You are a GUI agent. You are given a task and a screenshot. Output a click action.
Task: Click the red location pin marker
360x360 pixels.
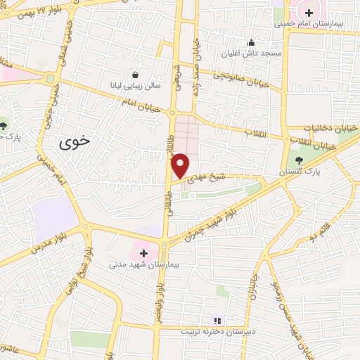(x=181, y=165)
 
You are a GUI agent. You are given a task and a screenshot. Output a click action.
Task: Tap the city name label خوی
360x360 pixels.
(x=76, y=141)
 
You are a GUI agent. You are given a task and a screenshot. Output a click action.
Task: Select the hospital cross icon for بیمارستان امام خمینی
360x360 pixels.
(x=309, y=11)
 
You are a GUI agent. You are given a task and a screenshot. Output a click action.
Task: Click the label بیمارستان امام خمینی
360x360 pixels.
(x=309, y=23)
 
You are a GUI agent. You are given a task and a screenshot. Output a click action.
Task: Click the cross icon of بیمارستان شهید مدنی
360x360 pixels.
(x=144, y=253)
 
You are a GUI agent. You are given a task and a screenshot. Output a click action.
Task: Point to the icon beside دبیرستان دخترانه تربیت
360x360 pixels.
(x=217, y=320)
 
